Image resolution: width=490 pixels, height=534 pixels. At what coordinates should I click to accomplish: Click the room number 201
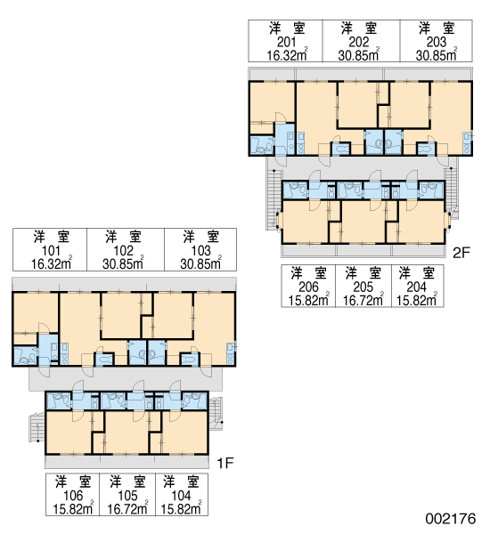pyautogui.click(x=287, y=42)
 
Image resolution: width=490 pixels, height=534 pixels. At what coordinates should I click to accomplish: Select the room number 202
pyautogui.click(x=359, y=42)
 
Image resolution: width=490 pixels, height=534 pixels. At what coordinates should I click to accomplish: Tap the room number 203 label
pyautogui.click(x=437, y=42)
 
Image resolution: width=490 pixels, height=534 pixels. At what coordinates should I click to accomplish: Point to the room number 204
pyautogui.click(x=417, y=287)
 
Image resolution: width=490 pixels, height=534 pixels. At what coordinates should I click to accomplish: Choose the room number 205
pyautogui.click(x=363, y=287)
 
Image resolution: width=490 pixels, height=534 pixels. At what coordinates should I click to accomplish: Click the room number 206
pyautogui.click(x=308, y=287)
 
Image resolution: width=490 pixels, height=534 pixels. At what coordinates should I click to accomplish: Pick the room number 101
pyautogui.click(x=51, y=251)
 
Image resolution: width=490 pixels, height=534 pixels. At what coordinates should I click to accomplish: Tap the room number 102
pyautogui.click(x=123, y=251)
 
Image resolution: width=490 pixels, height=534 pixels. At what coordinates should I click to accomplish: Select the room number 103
pyautogui.click(x=200, y=251)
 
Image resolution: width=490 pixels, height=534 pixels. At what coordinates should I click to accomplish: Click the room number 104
pyautogui.click(x=181, y=496)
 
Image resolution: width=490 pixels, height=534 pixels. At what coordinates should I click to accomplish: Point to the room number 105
pyautogui.click(x=127, y=496)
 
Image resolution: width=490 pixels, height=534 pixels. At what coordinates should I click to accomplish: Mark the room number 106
pyautogui.click(x=73, y=496)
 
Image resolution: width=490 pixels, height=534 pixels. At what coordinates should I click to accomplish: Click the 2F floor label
pyautogui.click(x=461, y=253)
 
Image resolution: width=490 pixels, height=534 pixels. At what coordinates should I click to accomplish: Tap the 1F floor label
pyautogui.click(x=225, y=463)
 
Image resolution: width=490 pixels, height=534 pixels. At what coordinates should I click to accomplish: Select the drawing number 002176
pyautogui.click(x=451, y=519)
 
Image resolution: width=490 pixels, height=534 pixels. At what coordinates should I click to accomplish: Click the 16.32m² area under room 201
pyautogui.click(x=287, y=54)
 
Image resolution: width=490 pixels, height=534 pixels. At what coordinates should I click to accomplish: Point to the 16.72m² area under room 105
pyautogui.click(x=127, y=508)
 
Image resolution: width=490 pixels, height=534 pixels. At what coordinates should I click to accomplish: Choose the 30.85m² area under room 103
pyautogui.click(x=200, y=263)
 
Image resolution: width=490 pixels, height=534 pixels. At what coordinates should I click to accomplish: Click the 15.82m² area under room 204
pyautogui.click(x=417, y=299)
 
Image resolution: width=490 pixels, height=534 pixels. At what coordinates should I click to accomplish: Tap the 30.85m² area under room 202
pyautogui.click(x=359, y=54)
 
